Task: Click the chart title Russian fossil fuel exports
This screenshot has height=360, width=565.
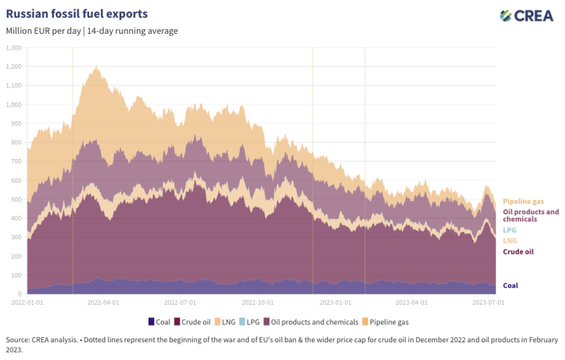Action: click(x=77, y=13)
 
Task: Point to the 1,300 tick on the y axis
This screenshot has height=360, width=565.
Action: click(x=14, y=47)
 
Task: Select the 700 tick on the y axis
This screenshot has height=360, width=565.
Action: click(x=17, y=161)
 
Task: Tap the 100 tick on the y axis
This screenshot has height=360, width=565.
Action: click(x=17, y=275)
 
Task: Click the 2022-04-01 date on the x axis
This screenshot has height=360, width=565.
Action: click(x=104, y=302)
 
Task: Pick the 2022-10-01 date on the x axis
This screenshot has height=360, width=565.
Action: click(x=259, y=302)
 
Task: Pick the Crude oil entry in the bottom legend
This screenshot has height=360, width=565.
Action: click(x=196, y=322)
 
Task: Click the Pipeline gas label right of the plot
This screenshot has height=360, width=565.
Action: click(x=523, y=201)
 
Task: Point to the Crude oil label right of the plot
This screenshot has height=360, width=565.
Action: click(x=518, y=252)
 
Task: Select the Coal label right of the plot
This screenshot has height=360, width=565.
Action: click(x=510, y=286)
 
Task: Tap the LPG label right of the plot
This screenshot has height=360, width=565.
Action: click(x=509, y=230)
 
